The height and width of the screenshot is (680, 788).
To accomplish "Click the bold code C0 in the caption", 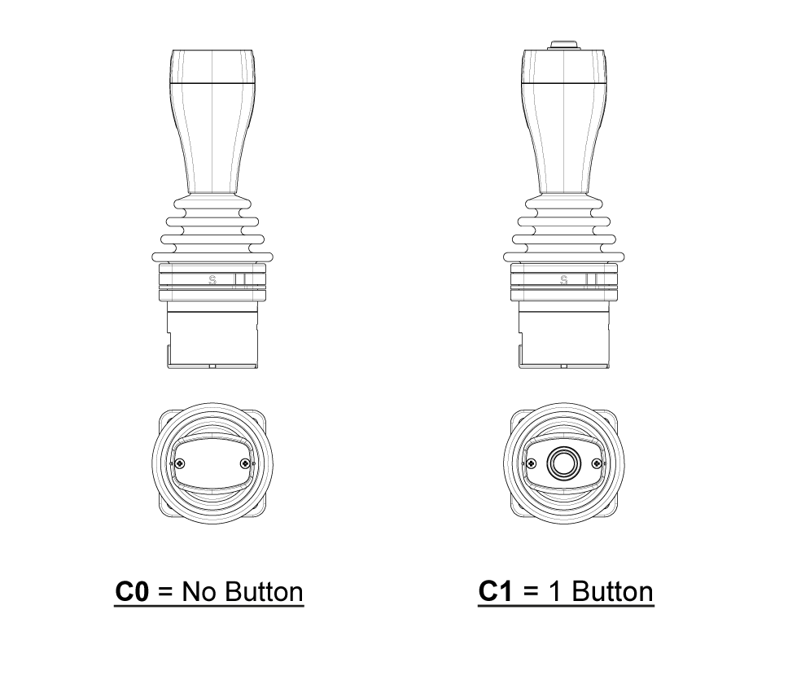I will pos(132,591).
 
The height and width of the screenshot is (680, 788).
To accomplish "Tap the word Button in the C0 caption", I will pos(263,591).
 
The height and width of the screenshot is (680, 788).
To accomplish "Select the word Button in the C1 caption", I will pos(613,591).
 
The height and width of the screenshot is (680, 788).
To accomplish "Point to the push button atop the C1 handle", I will pos(563,44).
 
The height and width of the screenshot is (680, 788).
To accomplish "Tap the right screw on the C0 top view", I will pos(247,464).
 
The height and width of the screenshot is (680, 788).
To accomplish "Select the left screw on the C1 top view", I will pos(531,464).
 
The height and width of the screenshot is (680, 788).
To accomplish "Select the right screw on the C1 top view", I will pos(598,464).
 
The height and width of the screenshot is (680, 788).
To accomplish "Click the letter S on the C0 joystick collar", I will pos(213,280).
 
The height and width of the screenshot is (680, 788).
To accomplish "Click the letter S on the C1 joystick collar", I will pos(564,280).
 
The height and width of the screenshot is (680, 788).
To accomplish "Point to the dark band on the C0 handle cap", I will pos(213,83).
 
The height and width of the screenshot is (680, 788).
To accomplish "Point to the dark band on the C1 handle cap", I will pos(563,83).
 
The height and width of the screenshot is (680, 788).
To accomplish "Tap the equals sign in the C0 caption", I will pos(165,592).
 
